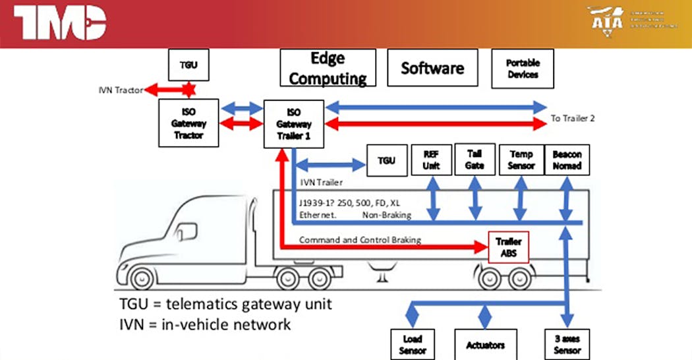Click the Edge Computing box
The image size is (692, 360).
tap(328, 68)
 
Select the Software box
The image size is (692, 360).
tap(432, 68)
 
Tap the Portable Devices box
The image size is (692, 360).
tap(523, 69)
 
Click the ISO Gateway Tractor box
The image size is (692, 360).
tap(188, 123)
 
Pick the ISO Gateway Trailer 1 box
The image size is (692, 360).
tap(293, 123)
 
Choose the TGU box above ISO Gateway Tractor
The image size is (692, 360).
tap(188, 65)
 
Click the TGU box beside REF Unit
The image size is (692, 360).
tap(387, 160)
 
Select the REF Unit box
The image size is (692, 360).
tap(431, 160)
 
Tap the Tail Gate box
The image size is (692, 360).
tap(475, 160)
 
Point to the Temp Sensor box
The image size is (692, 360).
tap(521, 160)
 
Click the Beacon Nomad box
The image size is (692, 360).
tap(567, 160)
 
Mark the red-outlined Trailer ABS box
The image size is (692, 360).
tap(508, 247)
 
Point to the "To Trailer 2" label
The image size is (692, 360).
tap(573, 119)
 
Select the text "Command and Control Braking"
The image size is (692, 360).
tap(360, 240)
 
